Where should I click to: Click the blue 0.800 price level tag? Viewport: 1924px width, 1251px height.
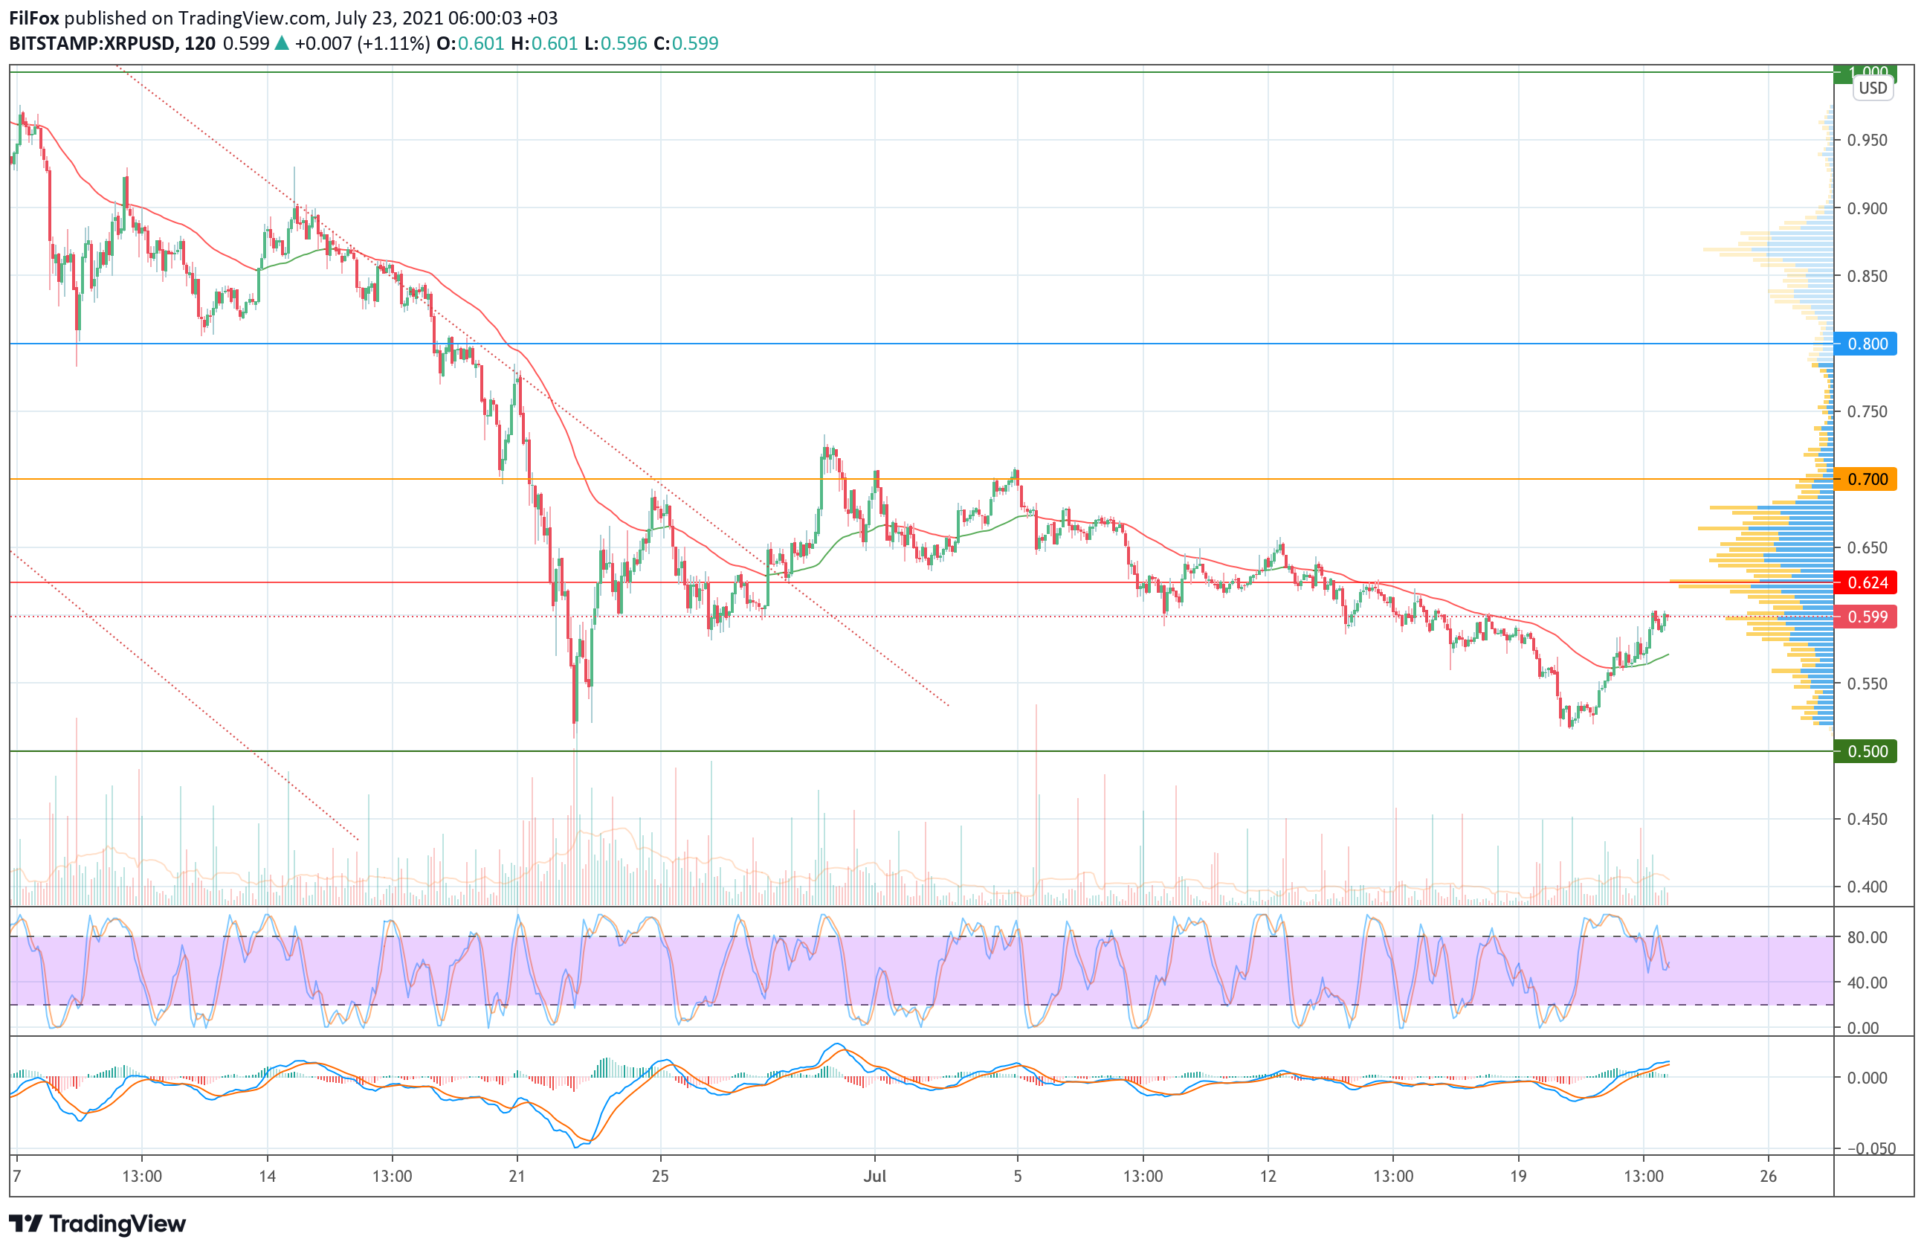[1866, 344]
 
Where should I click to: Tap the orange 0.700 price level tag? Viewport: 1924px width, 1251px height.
[1866, 480]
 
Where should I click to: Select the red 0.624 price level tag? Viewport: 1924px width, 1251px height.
[1866, 583]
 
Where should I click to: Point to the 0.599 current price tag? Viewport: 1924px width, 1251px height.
[1866, 617]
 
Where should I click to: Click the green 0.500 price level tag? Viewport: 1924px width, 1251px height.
[1866, 751]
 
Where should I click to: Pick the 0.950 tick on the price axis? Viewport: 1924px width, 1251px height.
[1867, 140]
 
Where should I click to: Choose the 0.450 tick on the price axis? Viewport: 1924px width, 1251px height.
[1867, 819]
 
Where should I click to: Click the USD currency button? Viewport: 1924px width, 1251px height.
[1872, 89]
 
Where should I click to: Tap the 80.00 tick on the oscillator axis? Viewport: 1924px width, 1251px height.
[1867, 937]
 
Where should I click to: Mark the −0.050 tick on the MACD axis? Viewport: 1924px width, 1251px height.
[1870, 1148]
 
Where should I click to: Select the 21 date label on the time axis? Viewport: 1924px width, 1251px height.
[517, 1176]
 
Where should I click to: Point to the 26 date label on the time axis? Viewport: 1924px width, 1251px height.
[1768, 1176]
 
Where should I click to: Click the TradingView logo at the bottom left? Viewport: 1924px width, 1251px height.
[97, 1223]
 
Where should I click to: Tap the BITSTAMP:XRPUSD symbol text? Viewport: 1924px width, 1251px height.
[92, 44]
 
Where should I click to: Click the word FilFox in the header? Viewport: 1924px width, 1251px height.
[34, 18]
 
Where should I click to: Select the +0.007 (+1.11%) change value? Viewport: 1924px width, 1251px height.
[362, 44]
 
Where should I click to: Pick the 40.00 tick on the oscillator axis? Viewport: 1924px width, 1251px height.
[1867, 983]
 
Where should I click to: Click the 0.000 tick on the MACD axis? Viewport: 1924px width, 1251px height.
[1867, 1078]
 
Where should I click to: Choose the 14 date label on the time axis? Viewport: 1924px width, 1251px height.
[267, 1176]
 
